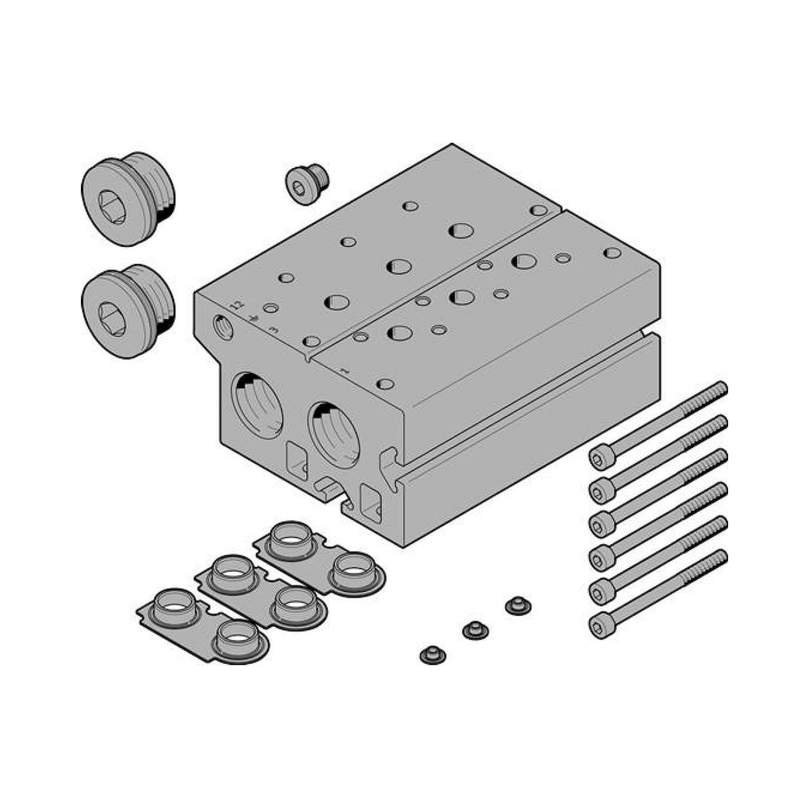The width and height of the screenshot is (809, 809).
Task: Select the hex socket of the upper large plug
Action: coord(112,207)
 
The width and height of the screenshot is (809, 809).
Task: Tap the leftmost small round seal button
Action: coord(432,655)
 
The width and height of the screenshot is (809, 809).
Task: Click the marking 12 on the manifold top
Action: coord(237,303)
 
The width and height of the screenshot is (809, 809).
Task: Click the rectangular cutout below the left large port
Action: coord(297,460)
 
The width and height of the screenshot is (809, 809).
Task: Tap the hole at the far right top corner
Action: coord(612,253)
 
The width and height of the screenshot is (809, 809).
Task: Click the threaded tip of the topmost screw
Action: coord(719,389)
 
